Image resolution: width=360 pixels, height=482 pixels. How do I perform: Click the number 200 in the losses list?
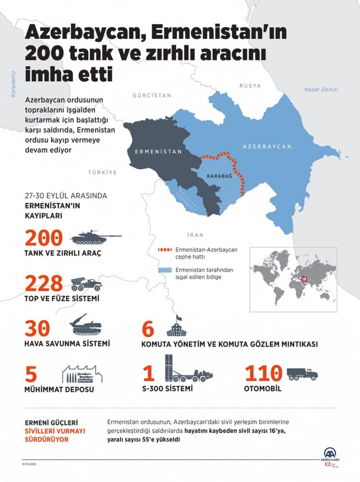click(x=44, y=238)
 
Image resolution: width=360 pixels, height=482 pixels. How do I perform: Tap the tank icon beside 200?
click(x=96, y=238)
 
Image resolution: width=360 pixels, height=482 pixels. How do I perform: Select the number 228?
click(x=44, y=284)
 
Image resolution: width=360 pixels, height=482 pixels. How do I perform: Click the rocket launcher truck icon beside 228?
click(x=87, y=284)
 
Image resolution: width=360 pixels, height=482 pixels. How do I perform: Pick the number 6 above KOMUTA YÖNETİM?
click(x=148, y=329)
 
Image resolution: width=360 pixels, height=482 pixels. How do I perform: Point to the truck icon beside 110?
click(x=302, y=374)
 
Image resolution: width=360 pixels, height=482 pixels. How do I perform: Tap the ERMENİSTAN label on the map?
click(x=158, y=152)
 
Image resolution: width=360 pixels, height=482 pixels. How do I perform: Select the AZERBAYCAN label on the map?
click(x=267, y=147)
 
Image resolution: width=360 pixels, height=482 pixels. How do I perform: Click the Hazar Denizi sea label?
click(x=321, y=90)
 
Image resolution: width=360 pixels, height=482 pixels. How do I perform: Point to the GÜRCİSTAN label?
click(x=152, y=96)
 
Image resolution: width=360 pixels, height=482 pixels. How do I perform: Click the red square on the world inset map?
click(x=304, y=278)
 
